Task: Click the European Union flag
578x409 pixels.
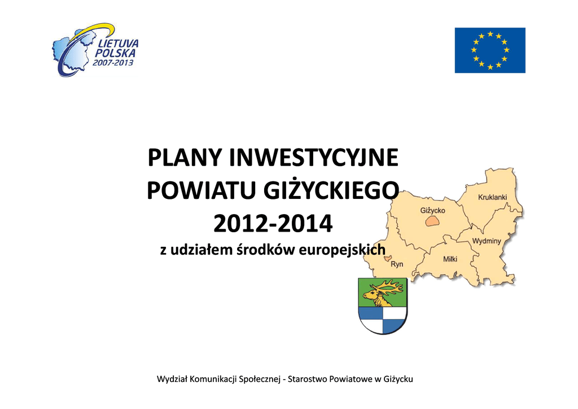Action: (x=490, y=50)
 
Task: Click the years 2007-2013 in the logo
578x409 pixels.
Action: (x=113, y=63)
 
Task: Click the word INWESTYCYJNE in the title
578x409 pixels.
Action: (x=314, y=158)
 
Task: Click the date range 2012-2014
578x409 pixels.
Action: (x=273, y=224)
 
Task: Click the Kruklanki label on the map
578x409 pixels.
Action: (x=492, y=197)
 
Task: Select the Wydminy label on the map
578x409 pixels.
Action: (x=487, y=241)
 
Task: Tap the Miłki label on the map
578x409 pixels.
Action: (x=450, y=259)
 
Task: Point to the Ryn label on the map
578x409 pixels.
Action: (x=397, y=264)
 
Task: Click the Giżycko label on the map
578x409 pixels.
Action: (x=433, y=211)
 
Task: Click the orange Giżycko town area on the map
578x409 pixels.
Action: (x=432, y=221)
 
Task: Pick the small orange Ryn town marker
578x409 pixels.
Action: (x=387, y=259)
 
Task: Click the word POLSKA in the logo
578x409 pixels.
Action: (x=115, y=53)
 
